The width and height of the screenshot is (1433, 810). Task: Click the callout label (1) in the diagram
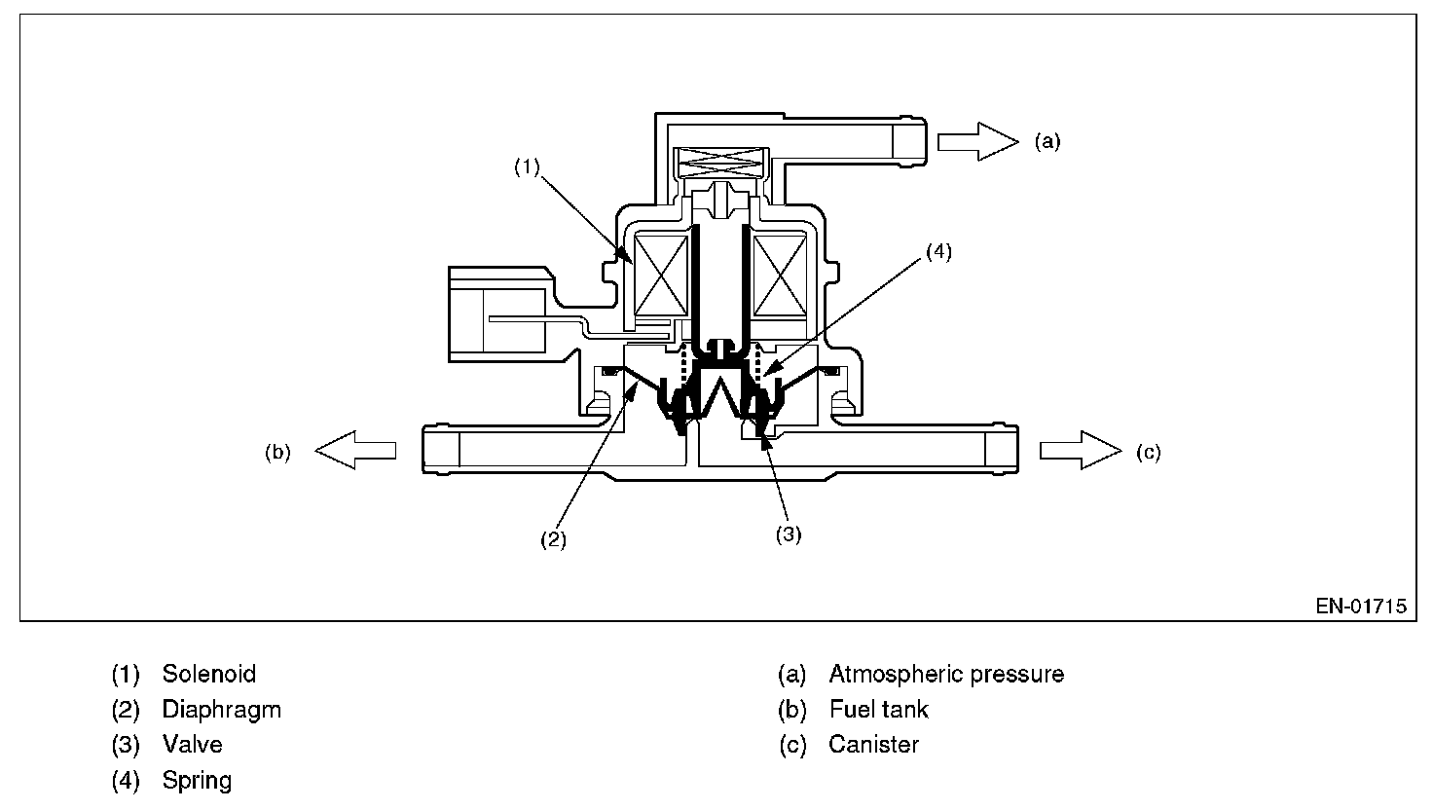click(527, 167)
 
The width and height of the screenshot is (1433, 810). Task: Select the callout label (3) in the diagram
click(788, 534)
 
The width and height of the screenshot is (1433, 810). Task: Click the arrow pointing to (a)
click(976, 141)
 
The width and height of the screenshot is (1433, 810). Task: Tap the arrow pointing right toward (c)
click(1080, 450)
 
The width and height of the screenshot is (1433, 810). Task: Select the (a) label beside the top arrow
click(1047, 142)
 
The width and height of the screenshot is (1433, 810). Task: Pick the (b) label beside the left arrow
click(277, 452)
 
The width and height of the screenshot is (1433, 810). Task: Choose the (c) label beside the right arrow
click(1149, 452)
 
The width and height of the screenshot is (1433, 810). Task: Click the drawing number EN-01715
click(1361, 606)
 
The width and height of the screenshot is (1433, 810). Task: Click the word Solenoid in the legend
click(208, 674)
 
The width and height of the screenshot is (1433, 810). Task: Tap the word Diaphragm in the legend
click(221, 710)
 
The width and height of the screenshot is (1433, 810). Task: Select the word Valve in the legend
click(192, 745)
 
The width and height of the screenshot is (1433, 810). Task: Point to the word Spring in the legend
click(197, 781)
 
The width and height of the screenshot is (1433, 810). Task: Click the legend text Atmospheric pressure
click(945, 674)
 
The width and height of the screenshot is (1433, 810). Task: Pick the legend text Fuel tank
click(878, 710)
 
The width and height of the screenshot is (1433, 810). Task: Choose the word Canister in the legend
click(873, 745)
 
